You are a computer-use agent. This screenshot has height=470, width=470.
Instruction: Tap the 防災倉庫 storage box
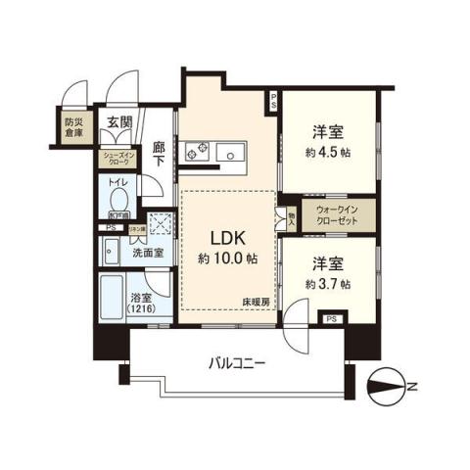tap(74, 129)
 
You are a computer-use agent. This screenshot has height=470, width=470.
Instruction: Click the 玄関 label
tap(118, 123)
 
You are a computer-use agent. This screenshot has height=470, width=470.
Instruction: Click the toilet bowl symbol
tap(117, 197)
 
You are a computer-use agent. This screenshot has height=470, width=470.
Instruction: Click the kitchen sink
tap(236, 152)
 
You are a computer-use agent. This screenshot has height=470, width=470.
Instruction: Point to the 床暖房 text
tap(258, 304)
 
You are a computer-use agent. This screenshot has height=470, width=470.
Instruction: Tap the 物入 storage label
tap(292, 216)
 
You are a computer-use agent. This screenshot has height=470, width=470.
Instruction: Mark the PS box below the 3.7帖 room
tap(331, 319)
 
